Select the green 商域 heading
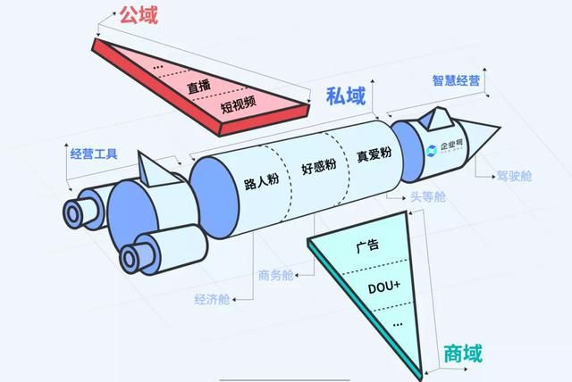[463, 354]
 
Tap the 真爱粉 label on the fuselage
[373, 154]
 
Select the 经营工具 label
[94, 154]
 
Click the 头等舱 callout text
[427, 195]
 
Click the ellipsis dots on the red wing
[159, 67]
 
